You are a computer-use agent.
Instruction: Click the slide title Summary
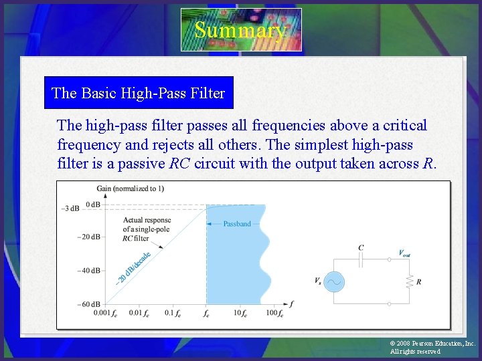240,30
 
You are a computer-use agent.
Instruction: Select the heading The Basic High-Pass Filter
138,94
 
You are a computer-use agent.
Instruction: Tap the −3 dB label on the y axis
70,209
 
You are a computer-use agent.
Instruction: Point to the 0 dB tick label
92,205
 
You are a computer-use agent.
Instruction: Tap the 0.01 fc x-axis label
138,314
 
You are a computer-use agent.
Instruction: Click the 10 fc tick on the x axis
241,314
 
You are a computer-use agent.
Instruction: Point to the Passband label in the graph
237,224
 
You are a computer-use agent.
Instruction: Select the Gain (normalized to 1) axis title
130,189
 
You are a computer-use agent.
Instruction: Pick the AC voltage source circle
333,282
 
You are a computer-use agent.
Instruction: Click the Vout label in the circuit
404,253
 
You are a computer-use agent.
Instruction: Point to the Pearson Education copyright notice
432,347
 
